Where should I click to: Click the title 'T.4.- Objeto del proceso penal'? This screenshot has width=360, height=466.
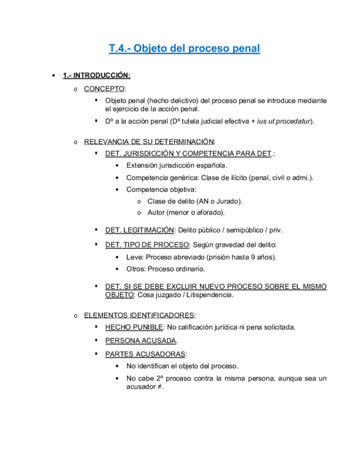[184, 48]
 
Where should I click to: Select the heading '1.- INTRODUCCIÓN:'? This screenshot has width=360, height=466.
[96, 75]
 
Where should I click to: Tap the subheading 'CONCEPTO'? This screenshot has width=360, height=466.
[104, 88]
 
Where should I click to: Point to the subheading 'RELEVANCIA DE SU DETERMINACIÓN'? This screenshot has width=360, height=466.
[148, 142]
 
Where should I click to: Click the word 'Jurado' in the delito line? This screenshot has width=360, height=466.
[228, 201]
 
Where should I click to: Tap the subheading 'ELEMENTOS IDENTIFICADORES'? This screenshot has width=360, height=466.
[139, 315]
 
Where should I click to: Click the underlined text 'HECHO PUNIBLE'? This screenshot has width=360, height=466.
[134, 328]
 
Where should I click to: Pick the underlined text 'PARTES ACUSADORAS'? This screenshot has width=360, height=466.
[145, 353]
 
